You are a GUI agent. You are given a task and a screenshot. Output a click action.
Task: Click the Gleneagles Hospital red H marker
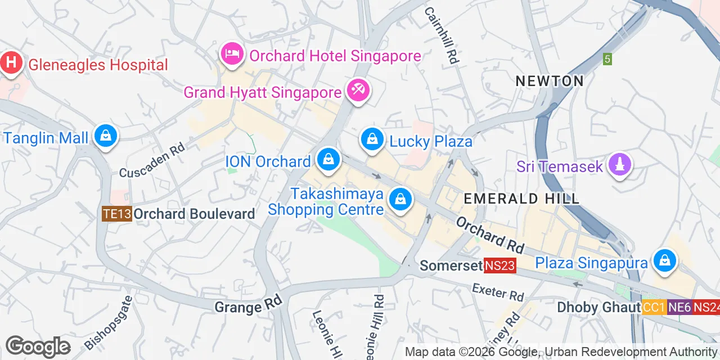(11, 63)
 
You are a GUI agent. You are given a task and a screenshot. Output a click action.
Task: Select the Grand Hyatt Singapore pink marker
(358, 89)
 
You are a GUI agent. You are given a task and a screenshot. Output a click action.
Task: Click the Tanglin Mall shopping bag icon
(105, 136)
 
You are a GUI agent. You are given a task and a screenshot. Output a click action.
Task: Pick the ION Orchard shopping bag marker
(328, 160)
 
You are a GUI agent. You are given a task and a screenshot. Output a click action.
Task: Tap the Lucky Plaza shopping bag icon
(372, 138)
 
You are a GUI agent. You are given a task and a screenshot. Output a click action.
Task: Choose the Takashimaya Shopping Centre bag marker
(400, 199)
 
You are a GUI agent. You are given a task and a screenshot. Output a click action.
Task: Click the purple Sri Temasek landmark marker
(619, 165)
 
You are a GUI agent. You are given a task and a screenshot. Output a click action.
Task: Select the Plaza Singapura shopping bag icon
(665, 261)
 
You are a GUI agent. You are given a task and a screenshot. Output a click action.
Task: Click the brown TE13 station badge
(117, 214)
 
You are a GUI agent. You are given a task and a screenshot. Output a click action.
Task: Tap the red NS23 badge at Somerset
(500, 265)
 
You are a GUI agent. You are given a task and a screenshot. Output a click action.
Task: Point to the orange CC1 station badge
(654, 307)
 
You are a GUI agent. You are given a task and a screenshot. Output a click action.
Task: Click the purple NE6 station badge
(679, 307)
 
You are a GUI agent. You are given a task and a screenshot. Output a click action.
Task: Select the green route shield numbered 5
(607, 58)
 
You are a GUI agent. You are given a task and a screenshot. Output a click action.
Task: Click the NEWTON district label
(550, 81)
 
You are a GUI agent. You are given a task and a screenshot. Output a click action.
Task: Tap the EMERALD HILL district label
(521, 198)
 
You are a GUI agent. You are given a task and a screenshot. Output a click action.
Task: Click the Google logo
(38, 346)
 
